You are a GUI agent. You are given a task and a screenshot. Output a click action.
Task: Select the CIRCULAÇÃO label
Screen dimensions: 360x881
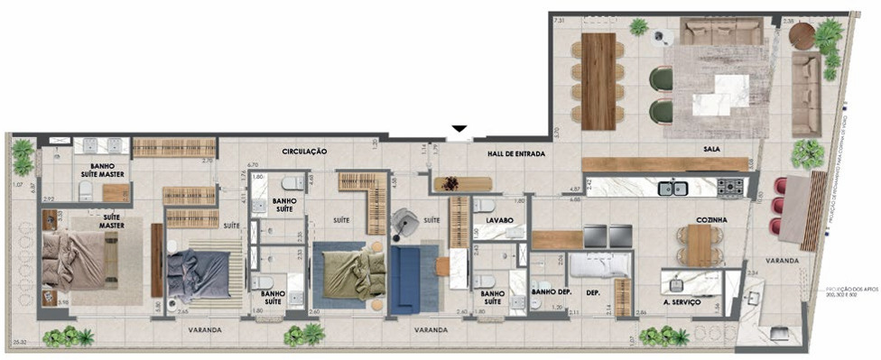[x=303, y=152]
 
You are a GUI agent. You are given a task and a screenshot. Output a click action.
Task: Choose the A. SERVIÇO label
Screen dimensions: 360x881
[x=682, y=302]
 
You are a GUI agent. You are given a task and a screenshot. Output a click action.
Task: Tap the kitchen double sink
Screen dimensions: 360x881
[x=672, y=189]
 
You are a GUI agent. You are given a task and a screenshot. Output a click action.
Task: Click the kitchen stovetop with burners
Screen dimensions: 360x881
[x=729, y=188]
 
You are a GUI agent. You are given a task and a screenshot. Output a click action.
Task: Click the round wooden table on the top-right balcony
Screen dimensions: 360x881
[x=802, y=37]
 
